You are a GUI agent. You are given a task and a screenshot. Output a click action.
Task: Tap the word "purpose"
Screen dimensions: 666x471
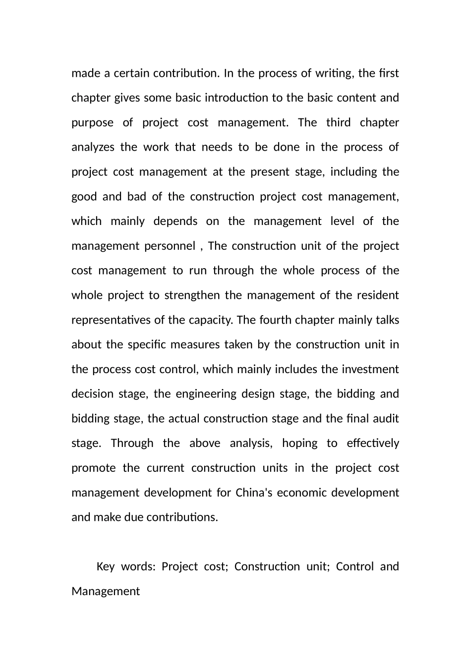click(92, 123)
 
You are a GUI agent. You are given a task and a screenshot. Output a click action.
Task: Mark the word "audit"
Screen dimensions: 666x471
click(386, 419)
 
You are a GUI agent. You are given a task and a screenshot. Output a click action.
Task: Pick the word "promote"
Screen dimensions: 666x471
click(93, 468)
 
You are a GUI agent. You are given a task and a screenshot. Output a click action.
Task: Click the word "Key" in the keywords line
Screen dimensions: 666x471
click(105, 566)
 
